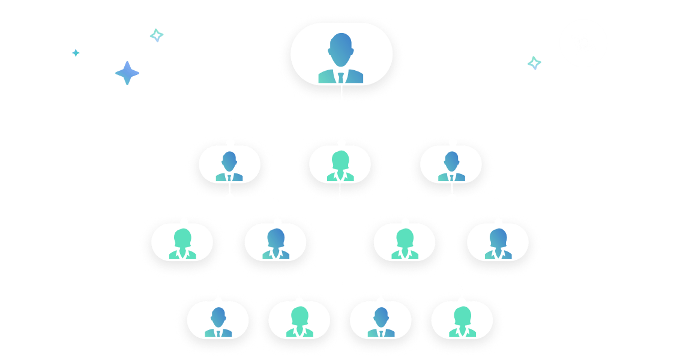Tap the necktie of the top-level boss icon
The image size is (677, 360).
coord(341,77)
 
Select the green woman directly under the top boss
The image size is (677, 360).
coord(340,166)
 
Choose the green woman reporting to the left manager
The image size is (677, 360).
coord(182,244)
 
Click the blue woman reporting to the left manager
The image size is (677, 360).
coord(276,244)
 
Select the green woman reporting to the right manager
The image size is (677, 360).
coord(405,244)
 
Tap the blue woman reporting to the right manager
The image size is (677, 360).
coord(498,244)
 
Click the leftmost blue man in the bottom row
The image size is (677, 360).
coord(218,322)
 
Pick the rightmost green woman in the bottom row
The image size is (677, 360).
coord(462,322)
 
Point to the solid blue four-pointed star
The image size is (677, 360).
coord(127,73)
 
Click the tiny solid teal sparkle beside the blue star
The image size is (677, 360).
coord(76,53)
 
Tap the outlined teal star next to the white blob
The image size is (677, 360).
coord(534,63)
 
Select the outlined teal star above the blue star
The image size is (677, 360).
coord(156,35)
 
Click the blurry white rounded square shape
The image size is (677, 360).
coord(582,42)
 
